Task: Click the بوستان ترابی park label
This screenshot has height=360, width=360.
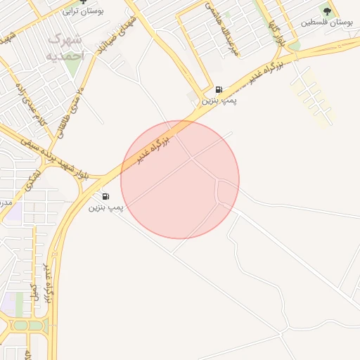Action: click(82, 11)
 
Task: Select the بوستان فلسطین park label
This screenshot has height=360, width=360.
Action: click(327, 22)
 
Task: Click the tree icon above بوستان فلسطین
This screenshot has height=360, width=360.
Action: click(327, 10)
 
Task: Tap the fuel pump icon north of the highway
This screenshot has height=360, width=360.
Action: click(220, 90)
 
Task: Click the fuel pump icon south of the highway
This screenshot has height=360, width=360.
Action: click(106, 197)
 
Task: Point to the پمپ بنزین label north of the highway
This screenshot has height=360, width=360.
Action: click(220, 101)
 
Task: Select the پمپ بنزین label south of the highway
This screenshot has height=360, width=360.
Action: click(106, 208)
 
